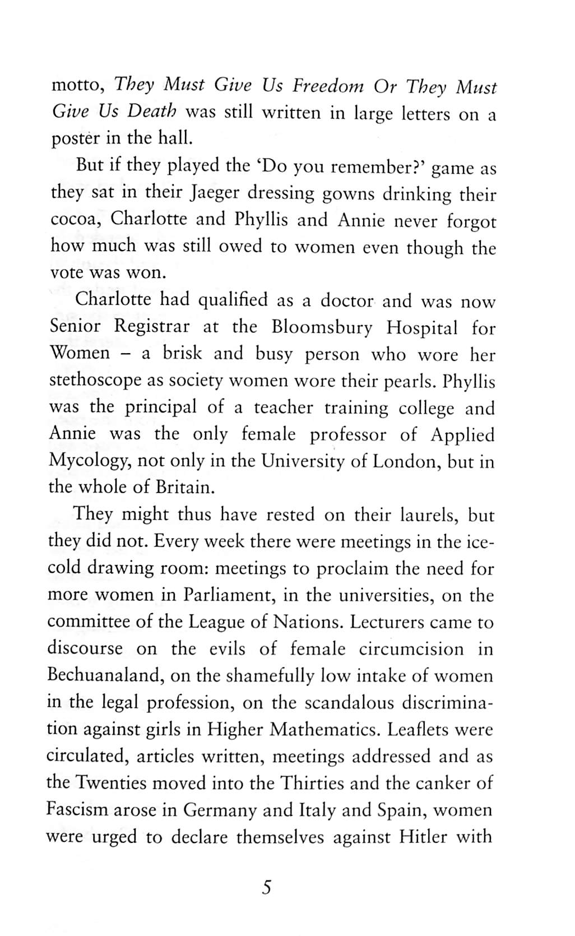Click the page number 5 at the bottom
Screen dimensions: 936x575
(x=266, y=888)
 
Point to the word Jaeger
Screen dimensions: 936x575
(x=214, y=193)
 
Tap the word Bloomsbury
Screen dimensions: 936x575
(x=322, y=327)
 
